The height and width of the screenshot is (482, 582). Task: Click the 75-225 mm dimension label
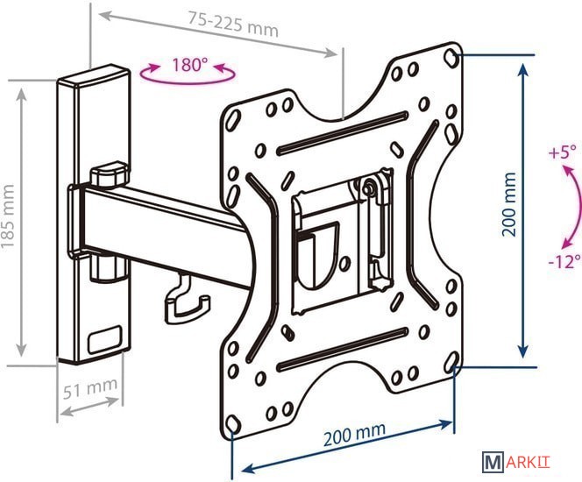(x=233, y=25)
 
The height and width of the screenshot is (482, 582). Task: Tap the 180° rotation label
(x=187, y=65)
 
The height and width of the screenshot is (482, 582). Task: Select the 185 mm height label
(x=8, y=216)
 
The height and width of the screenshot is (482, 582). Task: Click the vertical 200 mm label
(x=509, y=204)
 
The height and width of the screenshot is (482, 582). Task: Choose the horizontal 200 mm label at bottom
(x=354, y=434)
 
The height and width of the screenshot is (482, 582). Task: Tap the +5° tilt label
(x=563, y=152)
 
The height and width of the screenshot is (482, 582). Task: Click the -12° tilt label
(x=564, y=261)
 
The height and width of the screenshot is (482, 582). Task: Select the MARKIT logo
(x=516, y=462)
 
